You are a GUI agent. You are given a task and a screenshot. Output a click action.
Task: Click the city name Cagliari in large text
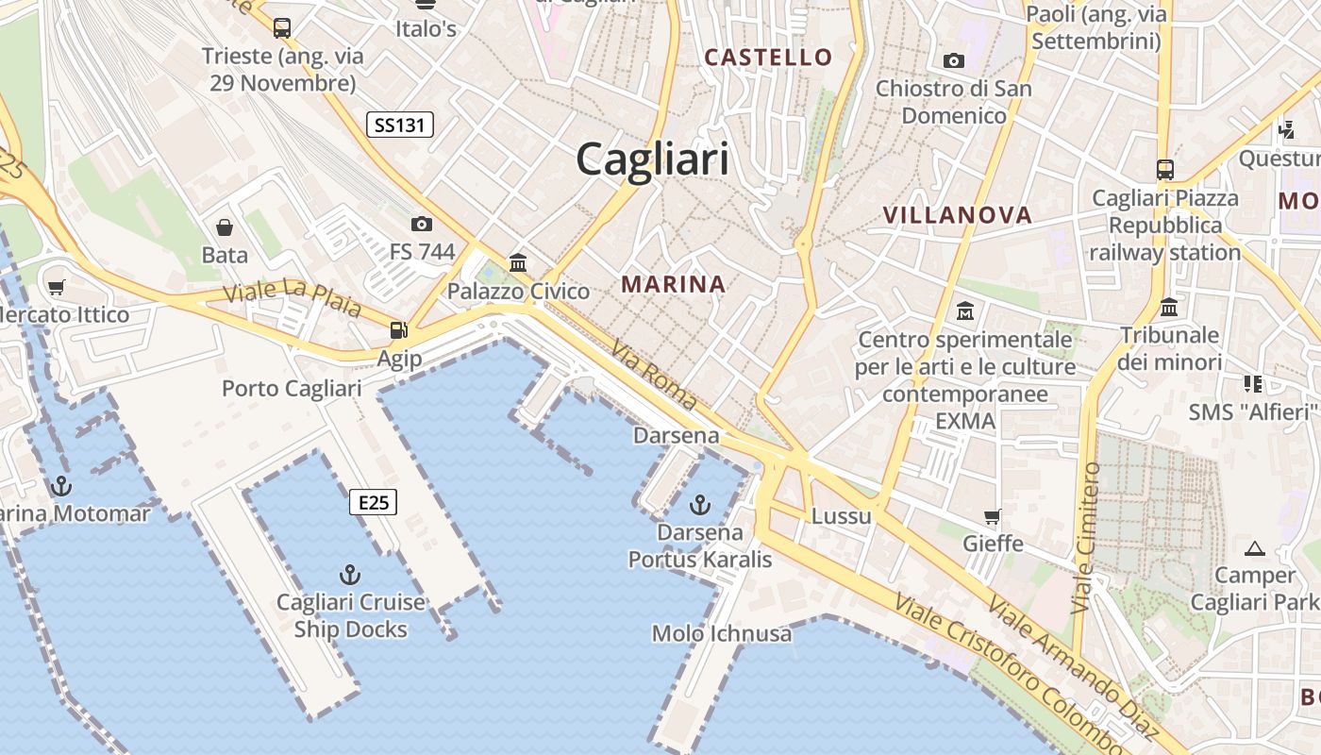(x=652, y=159)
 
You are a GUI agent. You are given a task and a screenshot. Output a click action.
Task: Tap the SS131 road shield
(x=399, y=124)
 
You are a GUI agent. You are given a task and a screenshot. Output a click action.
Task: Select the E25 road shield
(x=374, y=502)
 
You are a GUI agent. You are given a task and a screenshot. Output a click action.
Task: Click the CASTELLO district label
(x=768, y=58)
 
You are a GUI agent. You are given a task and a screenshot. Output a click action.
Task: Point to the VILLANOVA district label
(x=957, y=215)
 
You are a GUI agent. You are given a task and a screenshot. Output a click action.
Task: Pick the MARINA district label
(x=673, y=284)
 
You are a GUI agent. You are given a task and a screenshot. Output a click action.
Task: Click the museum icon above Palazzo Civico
(x=518, y=263)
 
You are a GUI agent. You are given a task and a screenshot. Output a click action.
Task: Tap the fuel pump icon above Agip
(x=399, y=330)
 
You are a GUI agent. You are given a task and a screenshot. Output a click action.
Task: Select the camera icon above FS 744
(x=421, y=224)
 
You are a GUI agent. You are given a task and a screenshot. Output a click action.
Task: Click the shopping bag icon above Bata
(x=225, y=227)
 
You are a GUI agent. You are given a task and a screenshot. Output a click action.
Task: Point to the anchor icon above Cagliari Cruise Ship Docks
(x=350, y=574)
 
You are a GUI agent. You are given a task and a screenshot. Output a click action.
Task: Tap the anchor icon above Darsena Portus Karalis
(x=700, y=505)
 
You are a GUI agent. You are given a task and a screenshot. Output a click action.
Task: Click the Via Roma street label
(x=654, y=374)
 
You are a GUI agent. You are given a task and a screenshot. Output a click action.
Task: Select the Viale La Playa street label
(x=292, y=296)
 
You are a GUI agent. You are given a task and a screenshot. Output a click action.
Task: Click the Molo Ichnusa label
(x=722, y=633)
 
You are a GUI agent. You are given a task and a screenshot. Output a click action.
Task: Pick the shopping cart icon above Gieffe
(x=993, y=516)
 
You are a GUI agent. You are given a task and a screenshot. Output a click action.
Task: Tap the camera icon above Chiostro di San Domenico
(x=954, y=61)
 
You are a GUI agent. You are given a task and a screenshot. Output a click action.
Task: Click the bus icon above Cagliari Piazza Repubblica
(x=1165, y=170)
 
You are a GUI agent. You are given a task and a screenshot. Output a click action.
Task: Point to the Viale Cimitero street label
(x=1087, y=537)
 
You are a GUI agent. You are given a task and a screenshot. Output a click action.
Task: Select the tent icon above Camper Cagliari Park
(x=1255, y=548)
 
